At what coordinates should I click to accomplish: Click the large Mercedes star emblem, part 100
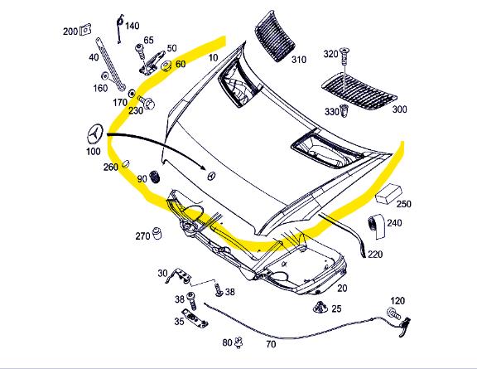pos(95,134)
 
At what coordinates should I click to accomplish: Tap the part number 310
pos(299,60)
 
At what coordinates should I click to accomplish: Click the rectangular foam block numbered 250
pos(388,194)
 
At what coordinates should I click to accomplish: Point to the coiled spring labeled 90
pos(155,177)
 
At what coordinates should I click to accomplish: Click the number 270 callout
pos(142,235)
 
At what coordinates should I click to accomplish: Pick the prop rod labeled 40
pos(111,64)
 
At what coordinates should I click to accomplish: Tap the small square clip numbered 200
pos(86,30)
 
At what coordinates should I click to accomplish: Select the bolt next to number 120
pos(393,313)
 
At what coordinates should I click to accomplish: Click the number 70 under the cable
pos(271,344)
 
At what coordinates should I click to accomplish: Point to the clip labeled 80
pos(239,342)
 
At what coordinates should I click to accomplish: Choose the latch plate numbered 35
pos(194,318)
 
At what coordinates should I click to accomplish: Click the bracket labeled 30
pos(179,275)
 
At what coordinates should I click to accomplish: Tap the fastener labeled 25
pos(320,307)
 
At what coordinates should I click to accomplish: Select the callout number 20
pos(342,288)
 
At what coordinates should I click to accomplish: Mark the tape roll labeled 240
pos(376,226)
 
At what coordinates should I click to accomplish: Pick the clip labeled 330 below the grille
pos(344,111)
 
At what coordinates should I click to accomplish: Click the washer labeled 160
pos(105,75)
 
